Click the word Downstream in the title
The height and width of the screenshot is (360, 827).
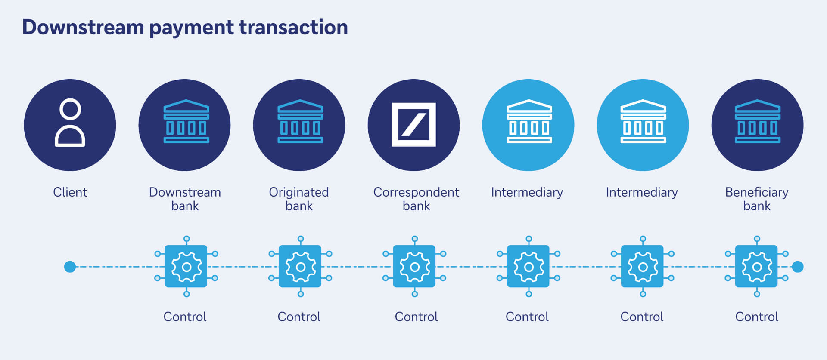83,28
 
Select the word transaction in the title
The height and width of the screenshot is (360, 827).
293,28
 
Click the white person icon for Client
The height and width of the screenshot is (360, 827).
70,123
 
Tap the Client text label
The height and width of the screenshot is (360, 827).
70,192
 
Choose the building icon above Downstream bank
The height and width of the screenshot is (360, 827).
186,122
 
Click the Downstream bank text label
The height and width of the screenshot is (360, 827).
185,199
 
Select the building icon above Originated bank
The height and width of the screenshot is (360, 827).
300,122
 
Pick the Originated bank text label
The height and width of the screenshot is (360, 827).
299,199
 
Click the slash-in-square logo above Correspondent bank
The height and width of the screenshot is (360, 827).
413,125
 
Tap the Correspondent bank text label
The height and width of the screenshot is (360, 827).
416,199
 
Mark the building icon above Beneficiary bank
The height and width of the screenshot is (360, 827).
757,122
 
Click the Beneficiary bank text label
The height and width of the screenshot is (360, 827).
757,199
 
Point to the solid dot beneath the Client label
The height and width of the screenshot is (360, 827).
70,267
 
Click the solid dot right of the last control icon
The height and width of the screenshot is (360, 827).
798,267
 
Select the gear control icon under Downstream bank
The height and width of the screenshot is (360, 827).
187,267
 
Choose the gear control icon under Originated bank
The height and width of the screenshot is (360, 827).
300,267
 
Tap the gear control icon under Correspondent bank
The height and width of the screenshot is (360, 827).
414,267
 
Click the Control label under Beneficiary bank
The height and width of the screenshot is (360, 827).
757,317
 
